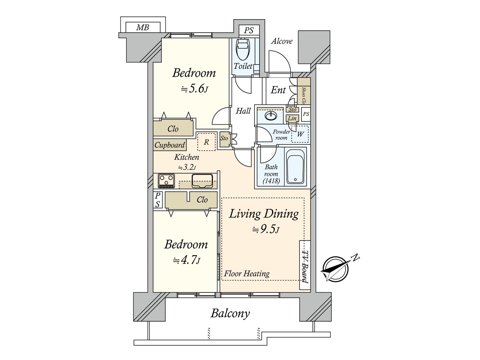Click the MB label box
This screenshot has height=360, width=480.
143,27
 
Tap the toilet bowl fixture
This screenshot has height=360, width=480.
243,49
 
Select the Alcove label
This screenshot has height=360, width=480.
282,41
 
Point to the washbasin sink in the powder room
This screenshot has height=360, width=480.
271,115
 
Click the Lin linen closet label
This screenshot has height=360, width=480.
292,118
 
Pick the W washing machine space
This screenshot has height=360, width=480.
300,134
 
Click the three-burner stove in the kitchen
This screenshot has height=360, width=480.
166,181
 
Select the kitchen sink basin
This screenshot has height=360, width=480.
202,181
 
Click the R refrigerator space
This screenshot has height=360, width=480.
206,142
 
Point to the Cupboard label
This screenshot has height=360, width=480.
170,145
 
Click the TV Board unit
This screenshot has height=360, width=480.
305,265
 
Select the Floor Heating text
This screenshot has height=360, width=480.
247,273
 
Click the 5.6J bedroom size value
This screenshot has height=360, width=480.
194,89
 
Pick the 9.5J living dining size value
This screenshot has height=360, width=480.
266,229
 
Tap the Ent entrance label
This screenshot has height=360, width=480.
278,90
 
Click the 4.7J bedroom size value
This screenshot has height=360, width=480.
187,260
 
